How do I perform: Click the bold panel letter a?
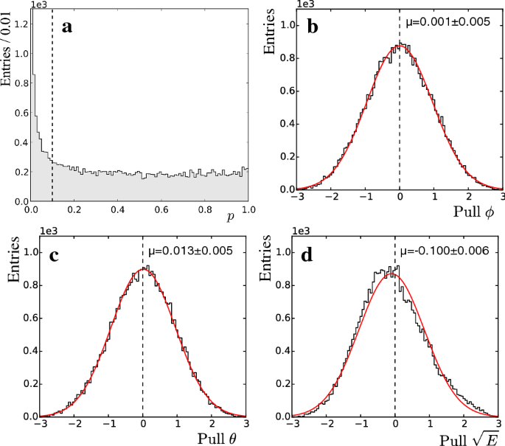[67, 28]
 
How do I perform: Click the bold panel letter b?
[313, 28]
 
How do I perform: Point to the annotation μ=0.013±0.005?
[192, 251]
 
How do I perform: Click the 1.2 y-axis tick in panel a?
[19, 24]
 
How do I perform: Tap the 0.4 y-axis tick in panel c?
[19, 350]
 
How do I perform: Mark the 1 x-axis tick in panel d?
[431, 426]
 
